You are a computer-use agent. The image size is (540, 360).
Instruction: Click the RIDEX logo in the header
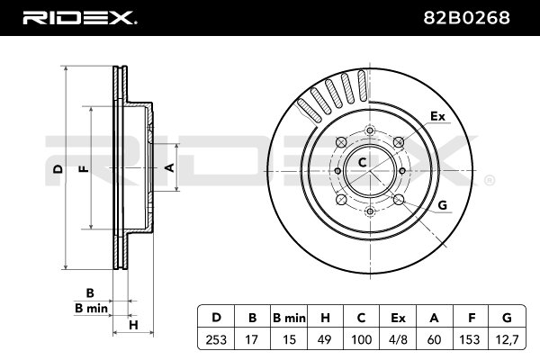tap(79, 16)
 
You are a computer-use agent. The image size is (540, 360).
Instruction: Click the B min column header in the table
tap(288, 317)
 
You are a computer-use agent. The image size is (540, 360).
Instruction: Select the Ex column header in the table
tap(397, 317)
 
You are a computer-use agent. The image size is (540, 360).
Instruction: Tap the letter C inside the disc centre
tap(362, 163)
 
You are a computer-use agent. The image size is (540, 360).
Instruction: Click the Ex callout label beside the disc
tap(437, 117)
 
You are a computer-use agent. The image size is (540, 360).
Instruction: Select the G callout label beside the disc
tap(442, 205)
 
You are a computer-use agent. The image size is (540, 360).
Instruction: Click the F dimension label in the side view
tap(82, 168)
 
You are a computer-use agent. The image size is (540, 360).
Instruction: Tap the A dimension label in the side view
tap(167, 167)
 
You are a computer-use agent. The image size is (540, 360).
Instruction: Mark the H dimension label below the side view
tap(132, 324)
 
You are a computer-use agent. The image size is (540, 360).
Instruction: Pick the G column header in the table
tap(506, 317)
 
